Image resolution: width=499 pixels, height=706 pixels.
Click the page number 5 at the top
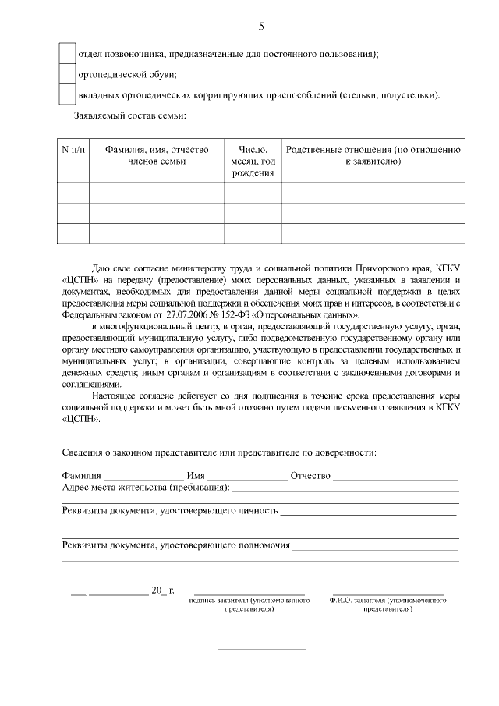point(261,27)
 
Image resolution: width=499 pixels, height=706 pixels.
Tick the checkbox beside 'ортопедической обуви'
point(68,75)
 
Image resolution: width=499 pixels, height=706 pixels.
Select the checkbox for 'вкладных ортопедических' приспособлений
point(68,95)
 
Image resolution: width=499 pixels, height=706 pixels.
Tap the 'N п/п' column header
point(74,150)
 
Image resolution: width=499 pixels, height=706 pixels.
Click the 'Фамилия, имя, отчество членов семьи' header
point(157,155)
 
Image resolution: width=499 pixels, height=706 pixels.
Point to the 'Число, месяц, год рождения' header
point(253,161)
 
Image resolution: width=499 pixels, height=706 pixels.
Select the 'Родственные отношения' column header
point(373,155)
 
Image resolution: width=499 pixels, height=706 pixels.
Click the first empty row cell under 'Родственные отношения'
point(373,193)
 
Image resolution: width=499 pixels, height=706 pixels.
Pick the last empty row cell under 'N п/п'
point(74,233)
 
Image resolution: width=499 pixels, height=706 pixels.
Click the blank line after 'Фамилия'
point(143,476)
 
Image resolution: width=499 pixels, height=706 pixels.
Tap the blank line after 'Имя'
point(246,476)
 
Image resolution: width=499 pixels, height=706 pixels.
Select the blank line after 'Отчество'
point(395,476)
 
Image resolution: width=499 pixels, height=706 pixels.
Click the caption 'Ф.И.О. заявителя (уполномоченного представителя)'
point(388,605)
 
